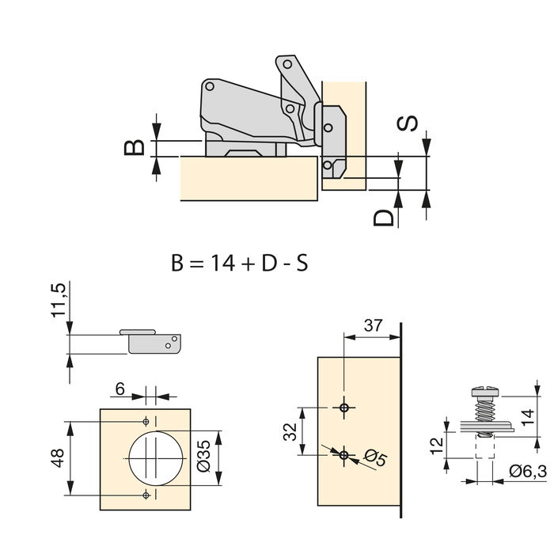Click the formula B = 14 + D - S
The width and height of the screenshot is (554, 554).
pyautogui.click(x=240, y=264)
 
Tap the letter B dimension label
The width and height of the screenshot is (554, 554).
pyautogui.click(x=135, y=147)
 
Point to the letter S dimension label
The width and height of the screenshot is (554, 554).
pyautogui.click(x=407, y=123)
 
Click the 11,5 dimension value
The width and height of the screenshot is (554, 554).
pyautogui.click(x=59, y=300)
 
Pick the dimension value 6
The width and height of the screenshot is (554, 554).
pyautogui.click(x=120, y=389)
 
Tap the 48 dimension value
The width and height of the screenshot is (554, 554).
pyautogui.click(x=58, y=458)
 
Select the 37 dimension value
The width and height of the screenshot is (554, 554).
pyautogui.click(x=373, y=325)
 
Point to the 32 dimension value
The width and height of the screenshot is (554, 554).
pyautogui.click(x=290, y=431)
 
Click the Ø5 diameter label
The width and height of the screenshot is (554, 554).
pyautogui.click(x=376, y=457)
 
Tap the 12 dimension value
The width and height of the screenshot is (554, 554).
pyautogui.click(x=438, y=446)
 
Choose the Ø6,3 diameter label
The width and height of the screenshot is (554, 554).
pyautogui.click(x=528, y=472)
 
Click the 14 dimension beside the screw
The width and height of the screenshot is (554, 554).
pyautogui.click(x=528, y=417)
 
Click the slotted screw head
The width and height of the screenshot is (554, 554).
pyautogui.click(x=485, y=392)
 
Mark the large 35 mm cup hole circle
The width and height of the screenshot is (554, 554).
pyautogui.click(x=156, y=458)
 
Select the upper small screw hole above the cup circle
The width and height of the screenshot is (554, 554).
pyautogui.click(x=146, y=422)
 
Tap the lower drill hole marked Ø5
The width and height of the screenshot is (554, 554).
pyautogui.click(x=343, y=455)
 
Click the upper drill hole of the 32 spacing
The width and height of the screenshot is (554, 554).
pyautogui.click(x=343, y=408)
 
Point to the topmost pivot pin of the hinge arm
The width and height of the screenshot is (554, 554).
pyautogui.click(x=287, y=64)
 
